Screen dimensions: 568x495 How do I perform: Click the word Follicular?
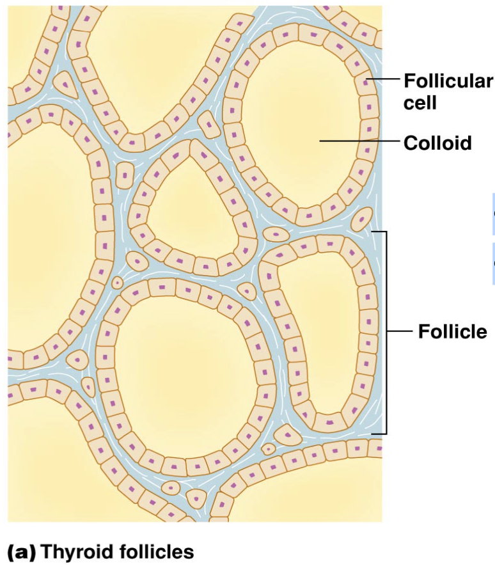tap(448, 81)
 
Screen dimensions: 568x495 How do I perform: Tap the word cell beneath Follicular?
tap(420, 102)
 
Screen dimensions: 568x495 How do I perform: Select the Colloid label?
tap(437, 141)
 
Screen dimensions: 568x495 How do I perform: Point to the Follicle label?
tap(452, 332)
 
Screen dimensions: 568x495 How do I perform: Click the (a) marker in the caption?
tap(21, 551)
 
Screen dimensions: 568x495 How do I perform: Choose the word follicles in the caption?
tap(153, 551)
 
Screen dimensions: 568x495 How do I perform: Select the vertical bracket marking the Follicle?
tap(386, 332)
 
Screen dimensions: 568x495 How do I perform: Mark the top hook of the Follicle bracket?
tap(378, 232)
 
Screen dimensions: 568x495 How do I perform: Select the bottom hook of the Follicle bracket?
tap(378, 434)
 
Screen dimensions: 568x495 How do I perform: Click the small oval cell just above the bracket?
tap(362, 219)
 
